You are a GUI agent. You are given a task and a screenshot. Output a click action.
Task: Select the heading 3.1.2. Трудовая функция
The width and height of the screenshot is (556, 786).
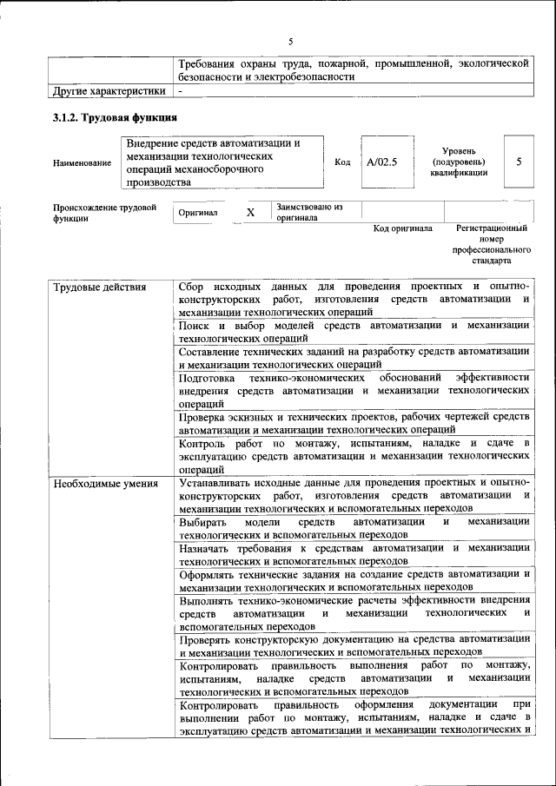click(x=116, y=117)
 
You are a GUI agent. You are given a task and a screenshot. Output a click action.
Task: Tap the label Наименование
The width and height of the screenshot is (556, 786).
click(x=82, y=163)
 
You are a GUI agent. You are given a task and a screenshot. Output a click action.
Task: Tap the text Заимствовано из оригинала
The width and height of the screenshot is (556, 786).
click(x=310, y=213)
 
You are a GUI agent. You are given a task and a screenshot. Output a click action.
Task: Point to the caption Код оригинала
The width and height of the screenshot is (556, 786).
click(x=402, y=228)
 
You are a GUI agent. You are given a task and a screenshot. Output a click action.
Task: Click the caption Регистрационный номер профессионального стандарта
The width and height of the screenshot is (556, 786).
click(x=491, y=244)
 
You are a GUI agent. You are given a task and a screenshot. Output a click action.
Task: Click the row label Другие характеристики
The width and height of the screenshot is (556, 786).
click(x=109, y=90)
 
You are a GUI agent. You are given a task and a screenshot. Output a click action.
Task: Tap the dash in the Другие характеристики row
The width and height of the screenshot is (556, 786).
click(x=180, y=90)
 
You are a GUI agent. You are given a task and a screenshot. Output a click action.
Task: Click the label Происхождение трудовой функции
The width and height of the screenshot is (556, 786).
click(x=104, y=213)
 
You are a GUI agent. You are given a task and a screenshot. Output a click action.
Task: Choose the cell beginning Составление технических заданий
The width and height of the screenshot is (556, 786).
click(x=354, y=358)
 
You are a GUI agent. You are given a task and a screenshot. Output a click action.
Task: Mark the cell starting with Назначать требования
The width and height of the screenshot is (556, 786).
click(x=354, y=554)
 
